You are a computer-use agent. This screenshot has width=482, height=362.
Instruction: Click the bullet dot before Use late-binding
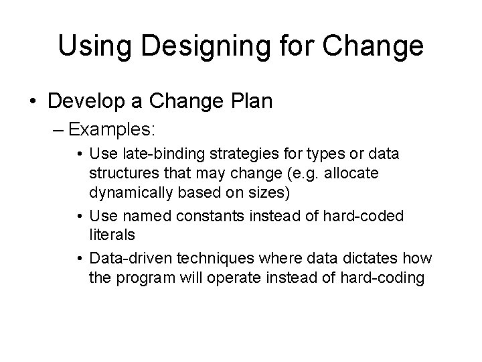[x=80, y=155]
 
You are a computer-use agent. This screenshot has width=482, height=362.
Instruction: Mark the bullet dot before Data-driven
[x=80, y=258]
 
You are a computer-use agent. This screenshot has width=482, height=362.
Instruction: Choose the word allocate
[x=351, y=174]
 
